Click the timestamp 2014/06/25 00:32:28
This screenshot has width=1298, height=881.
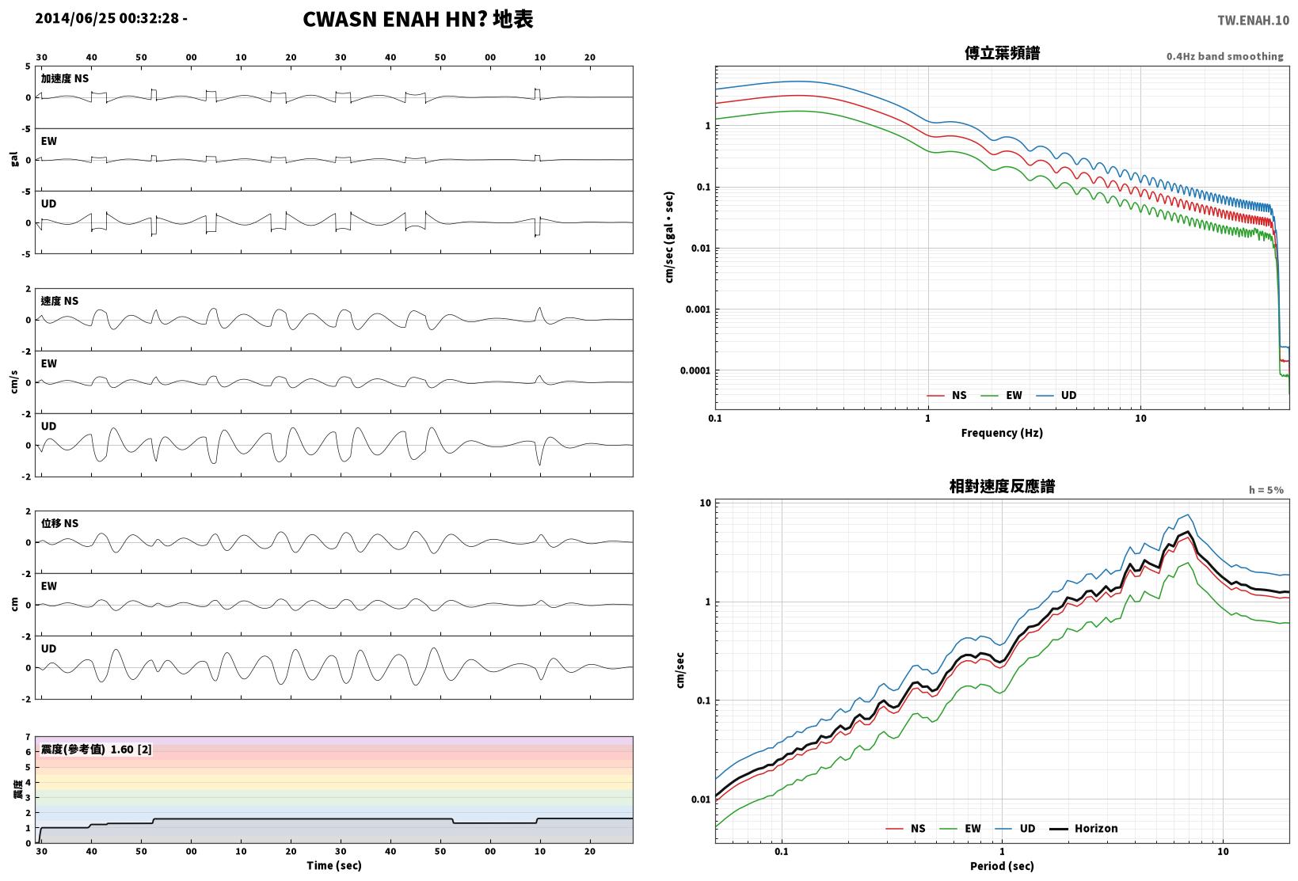[107, 18]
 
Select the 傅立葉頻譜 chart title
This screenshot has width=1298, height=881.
[1002, 53]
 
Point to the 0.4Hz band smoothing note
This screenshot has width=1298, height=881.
[1225, 56]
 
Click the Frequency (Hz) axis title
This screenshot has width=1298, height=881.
[1002, 433]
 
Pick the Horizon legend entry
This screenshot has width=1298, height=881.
[1084, 828]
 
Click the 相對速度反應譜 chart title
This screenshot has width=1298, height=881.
[1002, 487]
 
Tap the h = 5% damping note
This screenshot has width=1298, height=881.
[1266, 490]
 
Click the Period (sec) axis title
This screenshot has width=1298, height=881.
[1002, 866]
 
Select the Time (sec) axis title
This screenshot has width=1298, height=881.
[334, 865]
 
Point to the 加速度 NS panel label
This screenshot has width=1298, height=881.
[65, 78]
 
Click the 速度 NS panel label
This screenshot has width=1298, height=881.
[59, 301]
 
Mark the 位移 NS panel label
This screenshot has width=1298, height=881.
[59, 523]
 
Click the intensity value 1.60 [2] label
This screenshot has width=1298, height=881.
[131, 750]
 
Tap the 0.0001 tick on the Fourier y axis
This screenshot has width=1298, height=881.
[695, 370]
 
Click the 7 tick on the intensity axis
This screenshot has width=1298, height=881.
[28, 737]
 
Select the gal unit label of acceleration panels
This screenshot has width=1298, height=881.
[14, 159]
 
